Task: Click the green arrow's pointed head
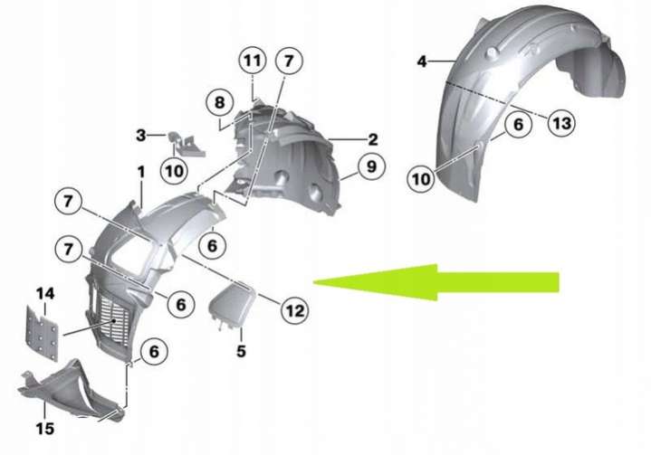(x=314, y=282)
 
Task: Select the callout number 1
(x=141, y=172)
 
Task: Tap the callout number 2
(x=373, y=140)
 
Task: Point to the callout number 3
(x=141, y=135)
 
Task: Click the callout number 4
(x=422, y=62)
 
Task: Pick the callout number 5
(x=241, y=351)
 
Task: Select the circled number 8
(x=219, y=102)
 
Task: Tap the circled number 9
(x=371, y=166)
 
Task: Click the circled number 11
(x=254, y=62)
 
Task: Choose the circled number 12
(x=295, y=310)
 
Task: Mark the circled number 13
(x=561, y=123)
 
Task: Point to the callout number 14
(x=45, y=294)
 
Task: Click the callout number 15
(x=45, y=429)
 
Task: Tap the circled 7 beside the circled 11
(x=289, y=62)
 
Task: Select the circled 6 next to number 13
(x=518, y=125)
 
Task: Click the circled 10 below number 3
(x=174, y=170)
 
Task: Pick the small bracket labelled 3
(x=186, y=144)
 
